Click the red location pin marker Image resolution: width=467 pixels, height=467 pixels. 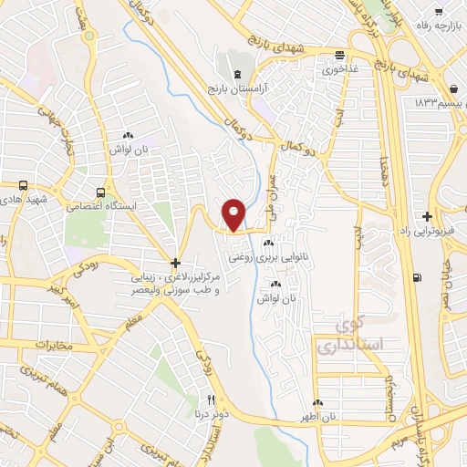[234, 214]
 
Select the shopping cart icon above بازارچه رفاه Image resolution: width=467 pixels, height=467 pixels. [439, 12]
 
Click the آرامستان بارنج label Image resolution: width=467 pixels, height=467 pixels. [237, 90]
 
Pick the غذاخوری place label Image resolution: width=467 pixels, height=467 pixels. [339, 68]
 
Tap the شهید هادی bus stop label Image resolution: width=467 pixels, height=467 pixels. [23, 198]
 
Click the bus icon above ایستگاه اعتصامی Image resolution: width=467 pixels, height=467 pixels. [99, 192]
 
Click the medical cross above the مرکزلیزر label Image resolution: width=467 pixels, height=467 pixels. [176, 262]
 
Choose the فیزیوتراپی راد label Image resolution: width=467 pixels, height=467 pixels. [428, 233]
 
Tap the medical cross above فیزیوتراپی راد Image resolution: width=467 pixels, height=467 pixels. [428, 217]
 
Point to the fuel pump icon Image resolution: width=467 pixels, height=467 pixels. [417, 278]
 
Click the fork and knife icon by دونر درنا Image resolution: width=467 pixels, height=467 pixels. [211, 400]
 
